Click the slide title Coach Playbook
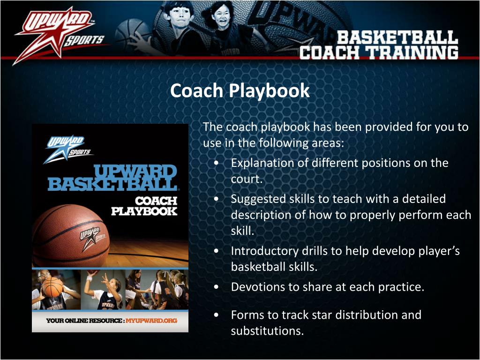click(x=240, y=90)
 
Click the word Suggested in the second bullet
click(x=256, y=199)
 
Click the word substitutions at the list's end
click(x=267, y=330)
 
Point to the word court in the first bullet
click(x=245, y=179)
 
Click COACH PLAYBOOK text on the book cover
click(x=144, y=206)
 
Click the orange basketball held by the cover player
click(x=52, y=287)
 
